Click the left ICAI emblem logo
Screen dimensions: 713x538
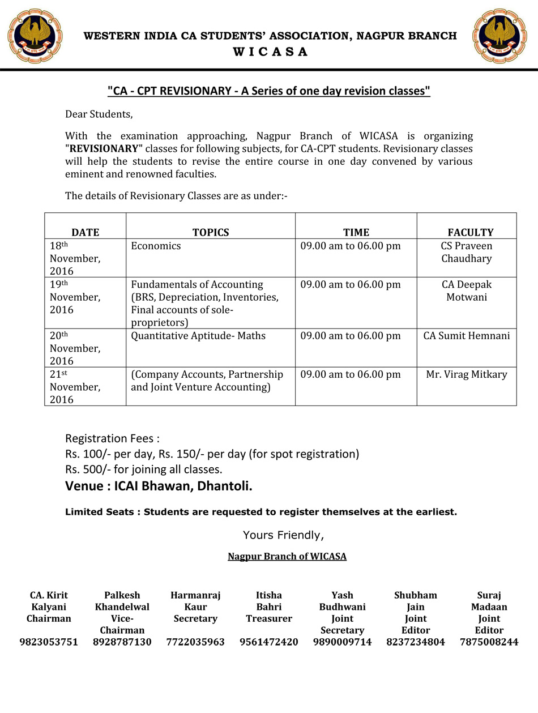click(x=35, y=36)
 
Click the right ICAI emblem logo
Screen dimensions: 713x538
click(x=499, y=36)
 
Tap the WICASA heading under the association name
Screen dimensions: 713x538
click(x=270, y=52)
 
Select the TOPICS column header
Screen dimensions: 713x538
click(x=211, y=232)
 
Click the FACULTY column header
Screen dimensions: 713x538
click(x=470, y=232)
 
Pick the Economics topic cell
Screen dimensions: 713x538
click(x=156, y=246)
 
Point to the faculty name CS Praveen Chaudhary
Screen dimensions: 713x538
click(x=466, y=252)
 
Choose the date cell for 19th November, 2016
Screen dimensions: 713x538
click(x=75, y=297)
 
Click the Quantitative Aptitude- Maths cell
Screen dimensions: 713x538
click(x=198, y=335)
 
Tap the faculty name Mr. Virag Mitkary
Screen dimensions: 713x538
click(x=466, y=374)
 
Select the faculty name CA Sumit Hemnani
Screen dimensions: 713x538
click(x=466, y=335)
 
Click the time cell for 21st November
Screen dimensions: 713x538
click(x=350, y=374)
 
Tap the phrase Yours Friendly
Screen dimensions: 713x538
click(x=283, y=535)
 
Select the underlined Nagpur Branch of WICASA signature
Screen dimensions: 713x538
click(x=287, y=556)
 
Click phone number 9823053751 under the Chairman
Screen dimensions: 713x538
click(x=49, y=642)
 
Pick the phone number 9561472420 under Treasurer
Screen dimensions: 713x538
click(x=269, y=642)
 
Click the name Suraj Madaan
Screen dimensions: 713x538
click(x=489, y=601)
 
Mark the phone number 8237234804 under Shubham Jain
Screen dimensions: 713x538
click(x=416, y=642)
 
